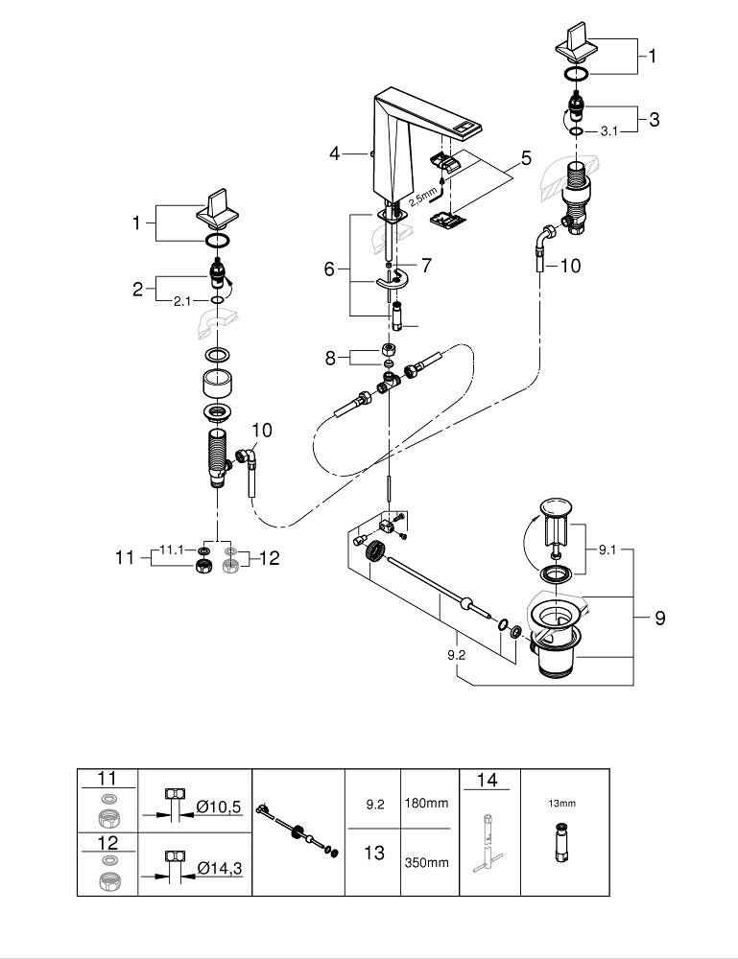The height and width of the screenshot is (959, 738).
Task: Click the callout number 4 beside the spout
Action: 334,152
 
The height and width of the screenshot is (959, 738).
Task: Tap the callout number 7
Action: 426,266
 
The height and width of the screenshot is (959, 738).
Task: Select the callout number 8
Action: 330,358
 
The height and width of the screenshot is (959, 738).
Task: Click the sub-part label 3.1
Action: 608,130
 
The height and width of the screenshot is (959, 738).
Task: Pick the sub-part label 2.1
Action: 181,301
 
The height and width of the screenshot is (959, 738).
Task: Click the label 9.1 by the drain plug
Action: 607,550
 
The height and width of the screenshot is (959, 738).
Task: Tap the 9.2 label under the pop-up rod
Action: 456,655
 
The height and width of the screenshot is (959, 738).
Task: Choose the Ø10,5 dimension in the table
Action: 219,807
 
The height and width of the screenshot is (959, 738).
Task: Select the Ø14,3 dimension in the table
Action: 220,867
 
